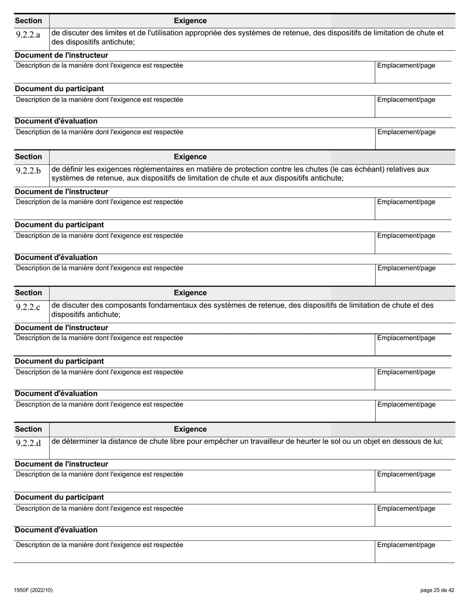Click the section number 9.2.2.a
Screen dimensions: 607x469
point(28,35)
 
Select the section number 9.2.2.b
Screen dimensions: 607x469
point(28,171)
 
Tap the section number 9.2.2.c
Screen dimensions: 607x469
point(28,307)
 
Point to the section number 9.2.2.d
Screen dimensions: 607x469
point(28,443)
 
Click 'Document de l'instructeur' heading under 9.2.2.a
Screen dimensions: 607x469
point(61,55)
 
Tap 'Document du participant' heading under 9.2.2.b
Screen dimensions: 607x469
point(59,225)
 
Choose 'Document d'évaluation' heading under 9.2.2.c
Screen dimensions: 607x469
point(56,393)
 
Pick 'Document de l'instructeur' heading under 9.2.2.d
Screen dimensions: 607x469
point(61,464)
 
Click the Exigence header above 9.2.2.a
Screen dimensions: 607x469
point(190,21)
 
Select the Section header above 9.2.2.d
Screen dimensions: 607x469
point(29,429)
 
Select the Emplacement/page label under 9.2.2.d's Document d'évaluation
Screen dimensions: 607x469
point(406,545)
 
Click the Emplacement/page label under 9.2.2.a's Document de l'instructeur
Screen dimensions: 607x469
point(406,66)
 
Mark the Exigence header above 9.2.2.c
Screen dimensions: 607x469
point(190,293)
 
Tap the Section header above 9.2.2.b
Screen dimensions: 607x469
point(29,157)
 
